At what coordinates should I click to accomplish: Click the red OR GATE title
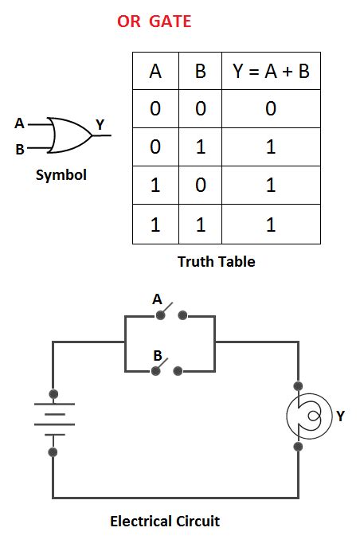[154, 21]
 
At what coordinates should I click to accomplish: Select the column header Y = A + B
[271, 71]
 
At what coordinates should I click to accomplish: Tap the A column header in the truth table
[155, 71]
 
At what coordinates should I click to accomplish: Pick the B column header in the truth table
[200, 71]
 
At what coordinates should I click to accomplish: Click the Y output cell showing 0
[271, 109]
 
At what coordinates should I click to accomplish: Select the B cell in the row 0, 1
[200, 147]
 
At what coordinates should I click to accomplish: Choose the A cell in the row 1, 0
[155, 186]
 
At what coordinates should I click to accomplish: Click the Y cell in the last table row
[271, 225]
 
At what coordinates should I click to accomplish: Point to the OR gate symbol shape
[68, 135]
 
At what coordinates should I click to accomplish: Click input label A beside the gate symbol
[19, 123]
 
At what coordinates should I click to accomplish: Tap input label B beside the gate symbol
[19, 148]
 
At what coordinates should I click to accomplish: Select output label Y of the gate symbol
[100, 124]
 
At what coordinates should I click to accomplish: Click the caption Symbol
[61, 174]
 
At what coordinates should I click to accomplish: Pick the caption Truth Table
[216, 261]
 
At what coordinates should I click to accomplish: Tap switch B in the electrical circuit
[169, 368]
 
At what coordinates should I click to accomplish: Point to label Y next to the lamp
[340, 416]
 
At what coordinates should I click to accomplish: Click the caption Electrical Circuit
[164, 522]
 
